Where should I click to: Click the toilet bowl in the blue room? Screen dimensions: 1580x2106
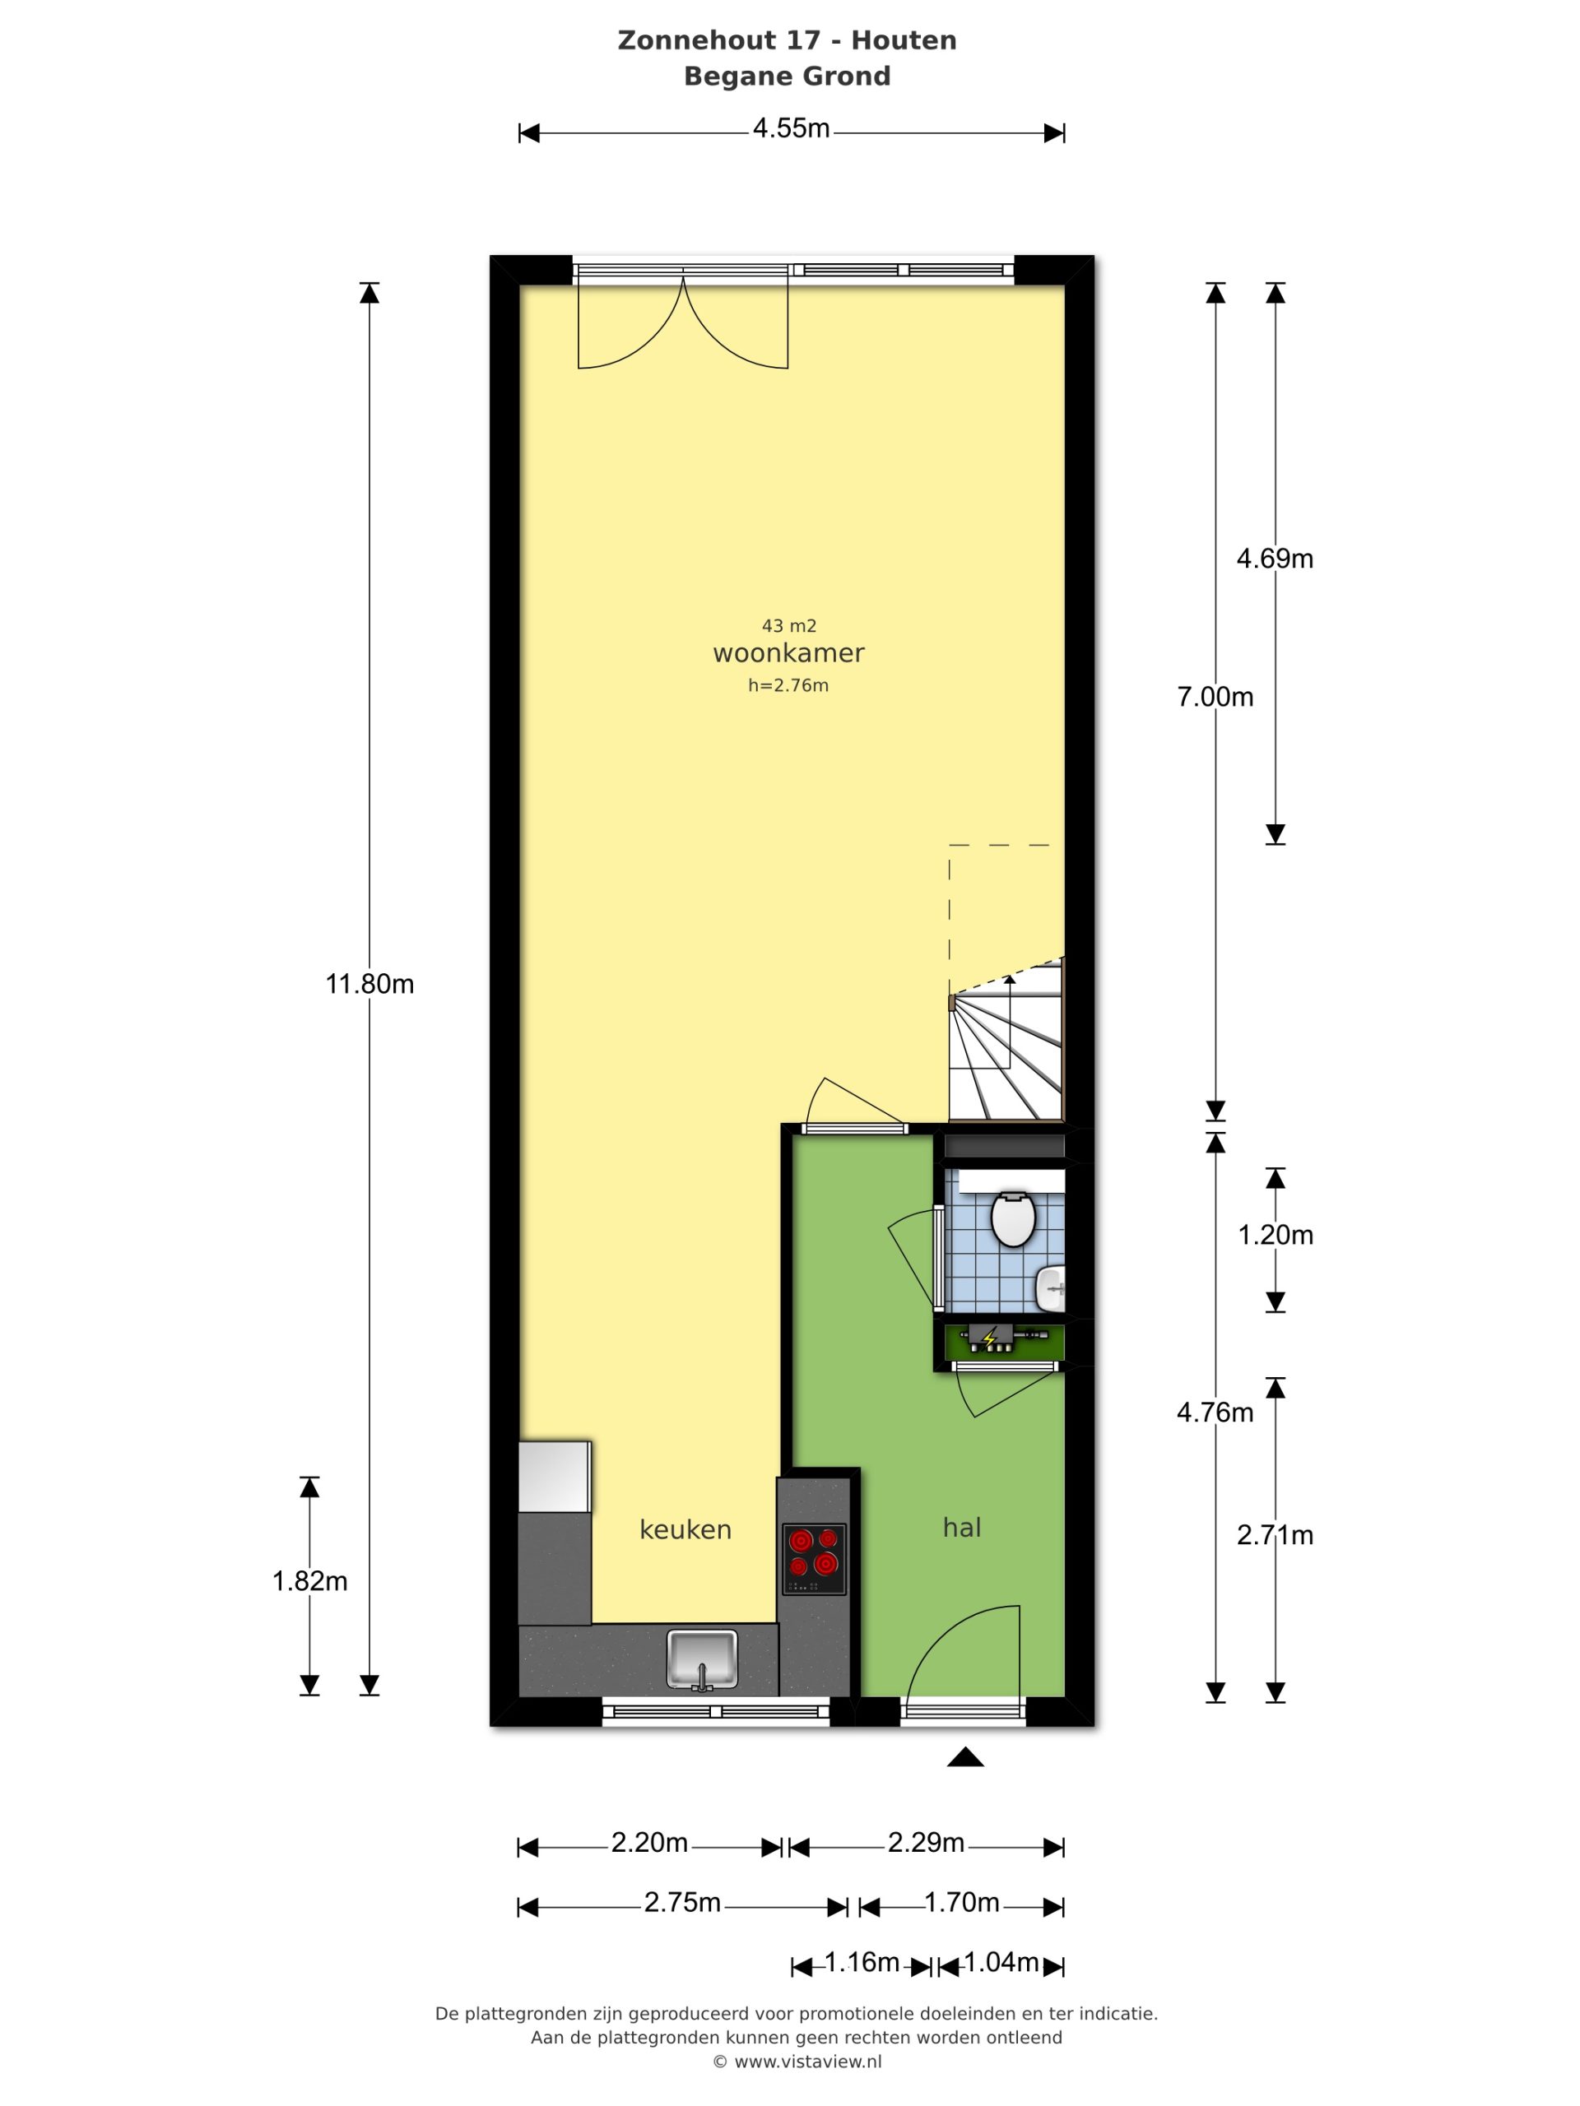point(1012,1218)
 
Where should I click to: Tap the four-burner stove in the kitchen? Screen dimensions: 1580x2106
point(813,1559)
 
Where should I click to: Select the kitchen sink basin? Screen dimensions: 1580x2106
point(702,1659)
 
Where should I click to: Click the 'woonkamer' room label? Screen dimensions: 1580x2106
point(788,653)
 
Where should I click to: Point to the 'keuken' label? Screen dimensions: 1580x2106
point(685,1529)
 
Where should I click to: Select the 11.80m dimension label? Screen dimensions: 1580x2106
point(369,984)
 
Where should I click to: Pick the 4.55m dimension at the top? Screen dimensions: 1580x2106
point(791,128)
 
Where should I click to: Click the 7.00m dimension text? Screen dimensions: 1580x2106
point(1215,697)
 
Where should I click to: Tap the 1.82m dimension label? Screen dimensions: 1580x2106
point(309,1581)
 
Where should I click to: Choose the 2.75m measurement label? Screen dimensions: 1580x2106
point(682,1902)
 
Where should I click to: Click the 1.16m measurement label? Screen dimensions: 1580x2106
point(861,1962)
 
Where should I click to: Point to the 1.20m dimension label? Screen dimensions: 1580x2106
point(1276,1235)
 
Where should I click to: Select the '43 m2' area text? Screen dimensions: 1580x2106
point(788,625)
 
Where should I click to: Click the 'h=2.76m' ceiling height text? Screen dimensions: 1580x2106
point(788,685)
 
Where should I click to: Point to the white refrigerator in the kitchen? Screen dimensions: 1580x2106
point(555,1477)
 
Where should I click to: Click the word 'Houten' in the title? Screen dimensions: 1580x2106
point(903,40)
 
